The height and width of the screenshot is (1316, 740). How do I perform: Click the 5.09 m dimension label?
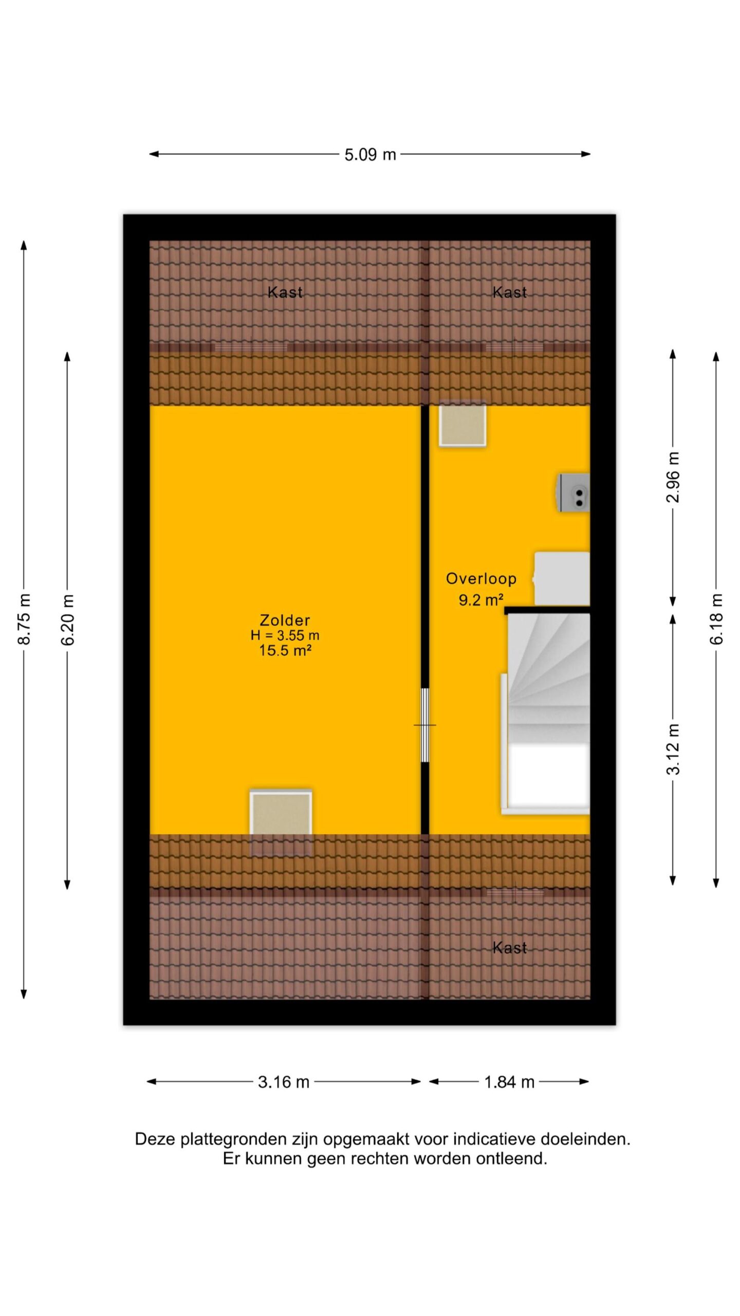point(370,154)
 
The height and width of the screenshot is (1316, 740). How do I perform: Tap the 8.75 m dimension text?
point(24,619)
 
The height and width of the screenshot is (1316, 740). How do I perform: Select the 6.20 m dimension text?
point(67,619)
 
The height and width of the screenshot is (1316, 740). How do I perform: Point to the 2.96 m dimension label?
point(673,477)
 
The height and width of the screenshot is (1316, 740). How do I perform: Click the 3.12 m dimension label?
point(673,748)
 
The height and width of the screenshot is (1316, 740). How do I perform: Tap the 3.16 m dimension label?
point(284,1082)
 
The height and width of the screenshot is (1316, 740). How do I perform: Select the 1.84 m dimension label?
point(509,1082)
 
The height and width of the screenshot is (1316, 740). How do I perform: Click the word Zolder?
point(285,620)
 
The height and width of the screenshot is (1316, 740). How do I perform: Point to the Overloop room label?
point(481,579)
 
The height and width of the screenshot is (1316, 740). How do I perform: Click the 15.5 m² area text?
point(285,650)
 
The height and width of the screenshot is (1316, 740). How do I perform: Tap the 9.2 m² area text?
point(480,599)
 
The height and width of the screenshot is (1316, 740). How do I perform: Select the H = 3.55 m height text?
point(285,635)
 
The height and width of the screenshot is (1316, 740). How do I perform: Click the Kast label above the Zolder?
point(285,293)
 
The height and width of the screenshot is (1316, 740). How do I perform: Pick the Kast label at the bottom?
point(510,947)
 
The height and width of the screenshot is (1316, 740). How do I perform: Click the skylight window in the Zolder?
point(281,817)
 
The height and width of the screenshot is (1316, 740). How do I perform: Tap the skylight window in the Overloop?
point(462,424)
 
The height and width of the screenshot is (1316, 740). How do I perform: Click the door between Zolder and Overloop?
point(425,725)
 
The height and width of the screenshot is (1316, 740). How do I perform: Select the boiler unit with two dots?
point(573,492)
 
